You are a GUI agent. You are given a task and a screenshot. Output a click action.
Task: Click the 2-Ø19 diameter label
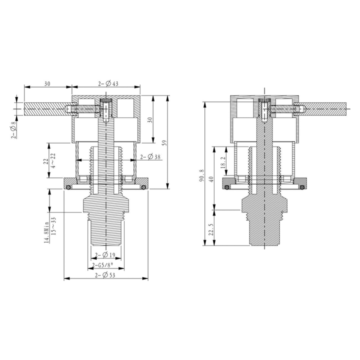point(105,254)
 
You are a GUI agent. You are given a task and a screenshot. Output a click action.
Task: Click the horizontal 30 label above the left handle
point(47,84)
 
